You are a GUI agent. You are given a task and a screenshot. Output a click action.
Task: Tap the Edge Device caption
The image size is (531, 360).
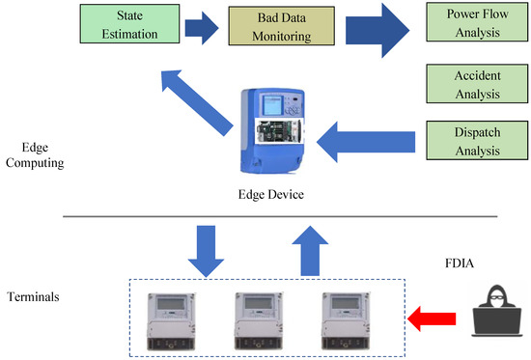click(270, 195)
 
